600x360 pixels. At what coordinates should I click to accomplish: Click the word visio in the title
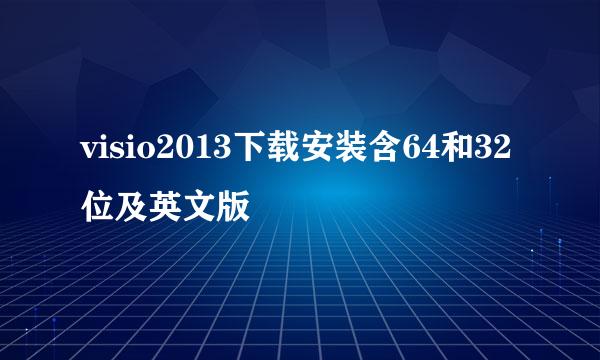(x=111, y=151)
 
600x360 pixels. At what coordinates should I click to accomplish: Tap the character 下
(x=247, y=151)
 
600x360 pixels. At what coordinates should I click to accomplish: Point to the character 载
(x=281, y=151)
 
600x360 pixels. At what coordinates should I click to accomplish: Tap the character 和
(x=451, y=151)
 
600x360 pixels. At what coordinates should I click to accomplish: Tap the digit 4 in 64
(x=425, y=151)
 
